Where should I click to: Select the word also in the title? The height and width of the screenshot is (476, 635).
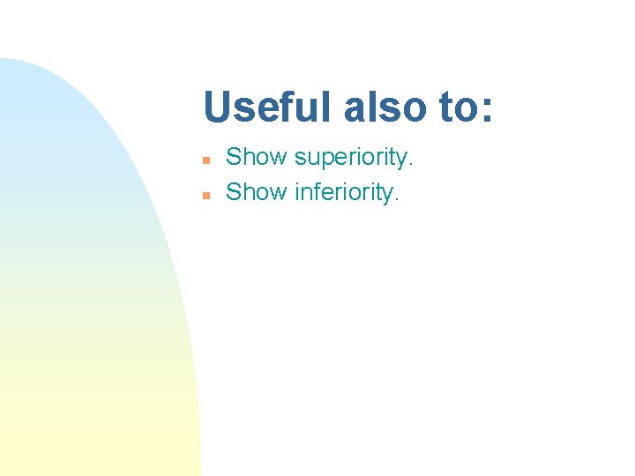(384, 108)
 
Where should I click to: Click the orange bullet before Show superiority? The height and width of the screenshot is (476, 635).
(205, 160)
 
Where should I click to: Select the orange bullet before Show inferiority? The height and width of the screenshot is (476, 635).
(205, 195)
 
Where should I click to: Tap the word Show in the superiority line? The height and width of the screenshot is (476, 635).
(257, 158)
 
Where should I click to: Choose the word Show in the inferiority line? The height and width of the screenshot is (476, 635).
(257, 192)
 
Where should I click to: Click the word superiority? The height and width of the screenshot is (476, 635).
(352, 159)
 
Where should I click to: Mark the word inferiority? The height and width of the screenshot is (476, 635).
(345, 192)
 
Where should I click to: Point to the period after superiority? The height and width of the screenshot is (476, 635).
(410, 165)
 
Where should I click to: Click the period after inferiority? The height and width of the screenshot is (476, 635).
(397, 199)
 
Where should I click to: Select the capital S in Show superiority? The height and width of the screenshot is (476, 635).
(234, 158)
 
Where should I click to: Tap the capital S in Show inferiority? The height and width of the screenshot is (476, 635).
(234, 192)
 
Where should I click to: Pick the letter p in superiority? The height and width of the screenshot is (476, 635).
(326, 160)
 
